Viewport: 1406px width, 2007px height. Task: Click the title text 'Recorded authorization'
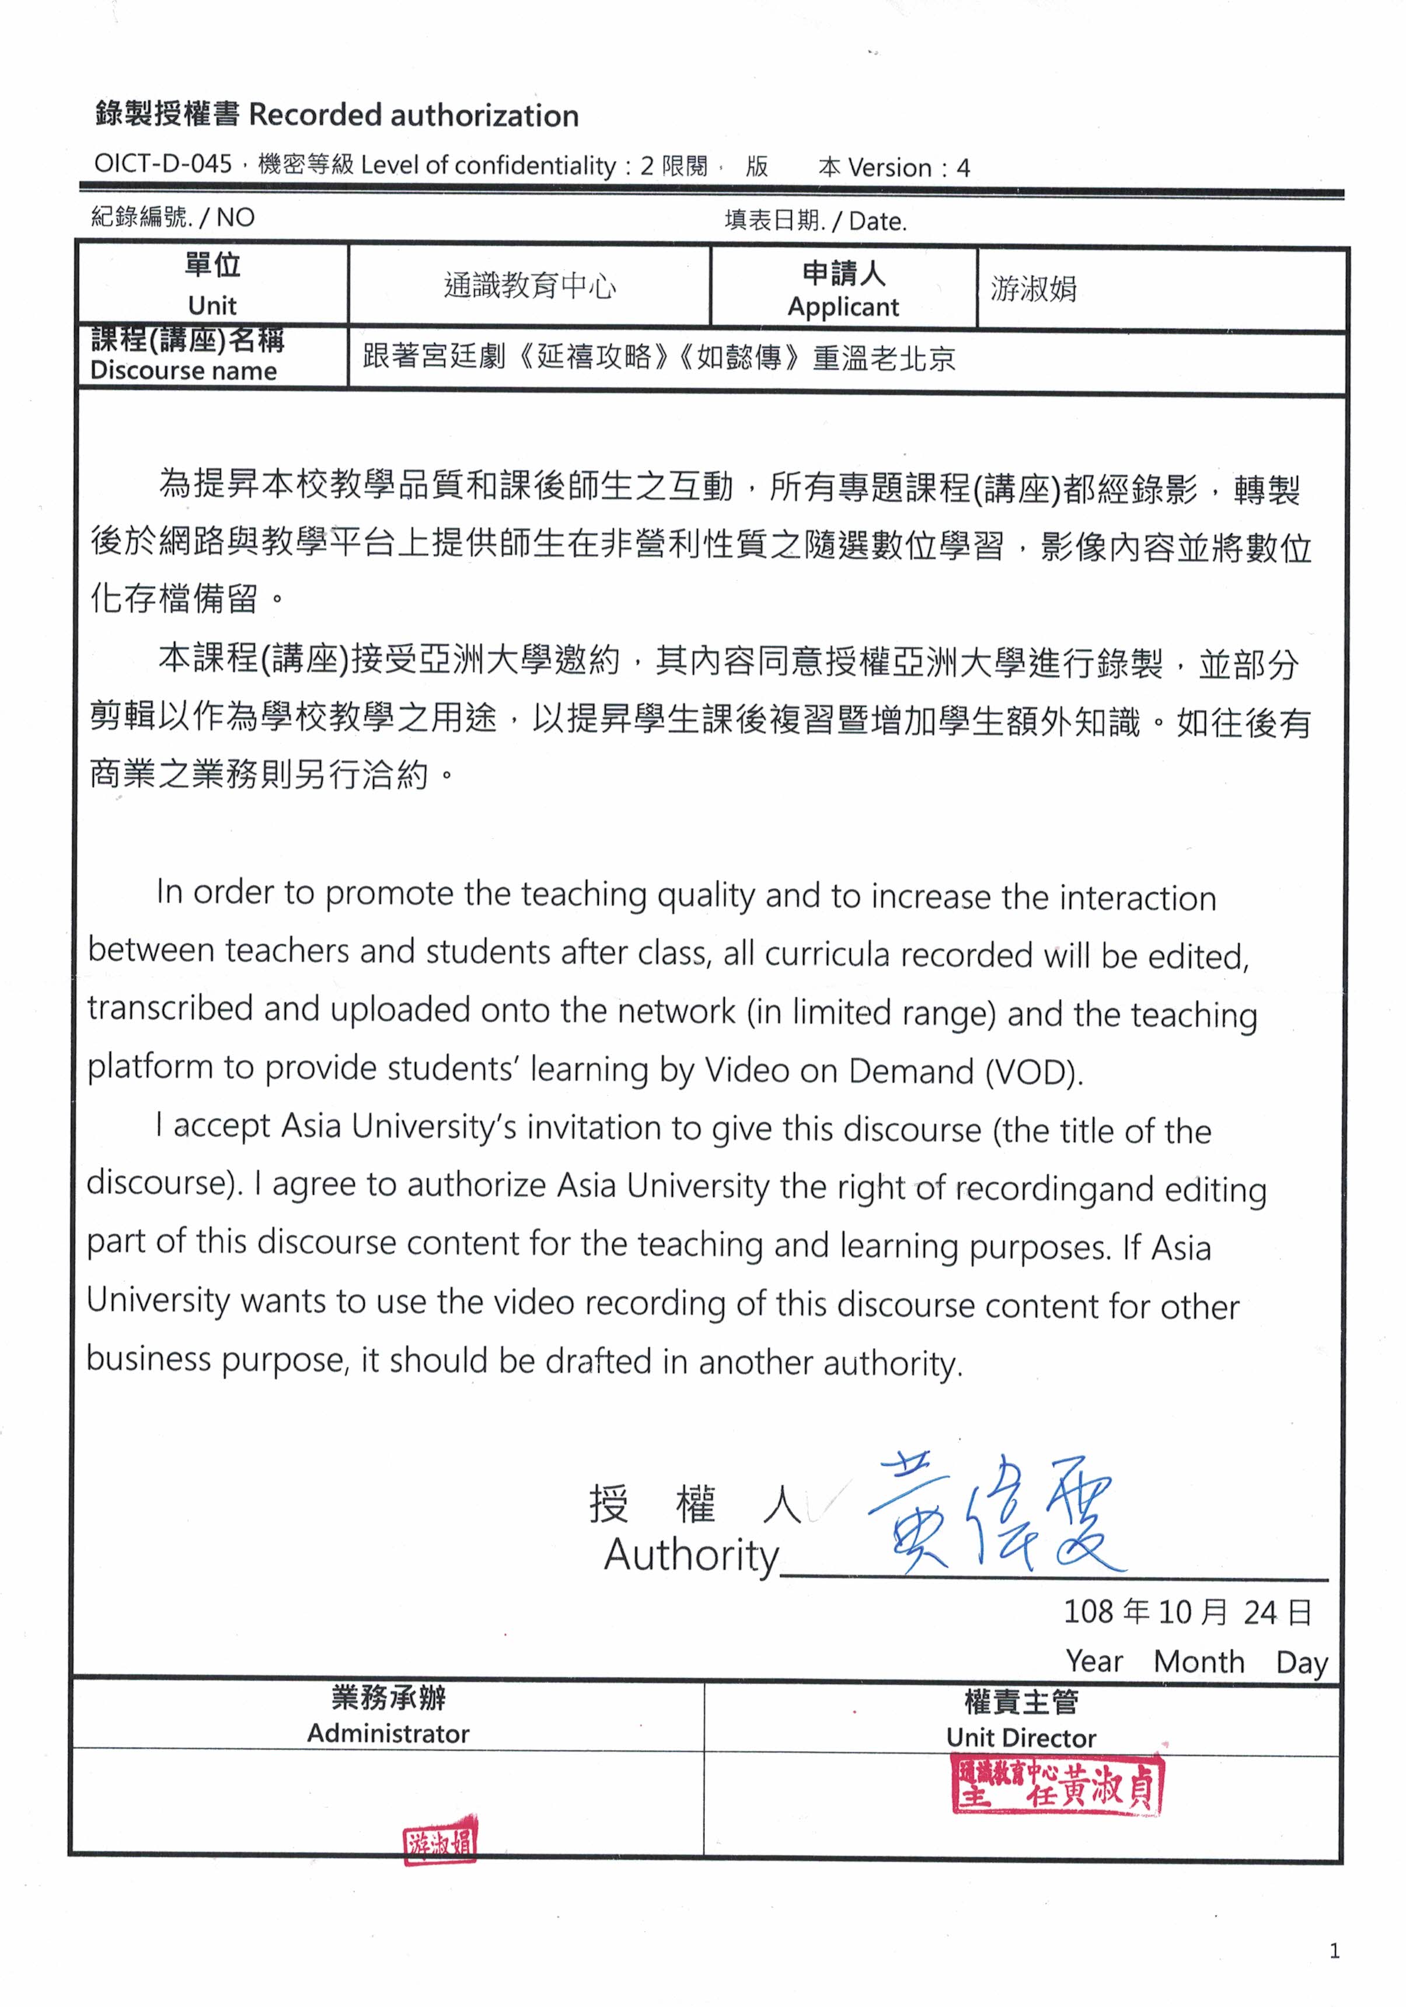click(x=413, y=116)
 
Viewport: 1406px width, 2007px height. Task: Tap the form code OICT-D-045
click(x=163, y=164)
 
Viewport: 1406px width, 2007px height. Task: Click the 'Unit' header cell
click(x=212, y=285)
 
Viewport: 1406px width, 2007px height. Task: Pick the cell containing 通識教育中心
click(x=529, y=286)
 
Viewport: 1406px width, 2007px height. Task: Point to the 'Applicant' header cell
click(x=843, y=289)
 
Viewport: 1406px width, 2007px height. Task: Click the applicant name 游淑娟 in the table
click(x=1034, y=288)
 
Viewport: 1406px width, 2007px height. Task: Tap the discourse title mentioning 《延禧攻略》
click(x=659, y=357)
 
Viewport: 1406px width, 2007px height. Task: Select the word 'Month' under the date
click(x=1199, y=1662)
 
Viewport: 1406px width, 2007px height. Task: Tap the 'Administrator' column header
click(x=388, y=1733)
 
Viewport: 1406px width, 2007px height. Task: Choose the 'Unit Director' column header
click(x=1021, y=1738)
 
